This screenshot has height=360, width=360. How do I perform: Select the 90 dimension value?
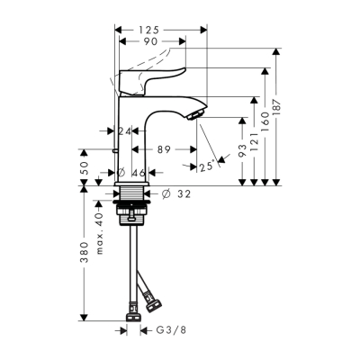click(x=149, y=41)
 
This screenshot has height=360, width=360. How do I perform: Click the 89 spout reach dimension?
click(x=164, y=150)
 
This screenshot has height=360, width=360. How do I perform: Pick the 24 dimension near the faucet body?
click(x=125, y=131)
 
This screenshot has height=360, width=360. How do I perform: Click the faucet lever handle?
click(x=157, y=75)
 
